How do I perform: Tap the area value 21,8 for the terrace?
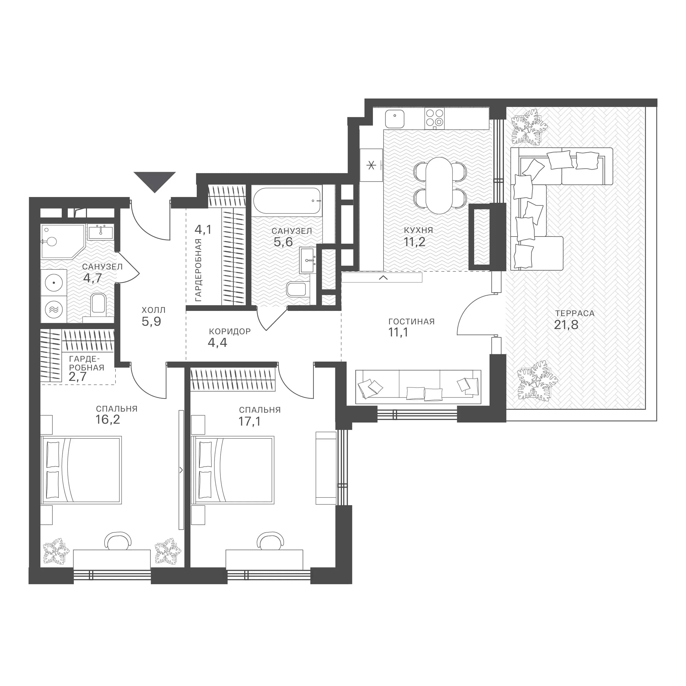click(x=566, y=325)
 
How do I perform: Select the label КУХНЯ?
click(x=419, y=230)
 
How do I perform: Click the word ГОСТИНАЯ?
click(x=412, y=322)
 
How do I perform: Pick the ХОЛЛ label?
click(x=154, y=310)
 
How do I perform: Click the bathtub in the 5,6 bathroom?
click(x=287, y=201)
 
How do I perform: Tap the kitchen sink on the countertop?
click(x=395, y=119)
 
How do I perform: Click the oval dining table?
click(x=439, y=185)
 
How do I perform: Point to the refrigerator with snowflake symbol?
click(x=371, y=165)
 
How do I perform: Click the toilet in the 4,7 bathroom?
click(x=98, y=306)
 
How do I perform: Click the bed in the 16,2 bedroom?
click(x=81, y=470)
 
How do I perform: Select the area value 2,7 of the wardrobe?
click(x=77, y=376)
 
